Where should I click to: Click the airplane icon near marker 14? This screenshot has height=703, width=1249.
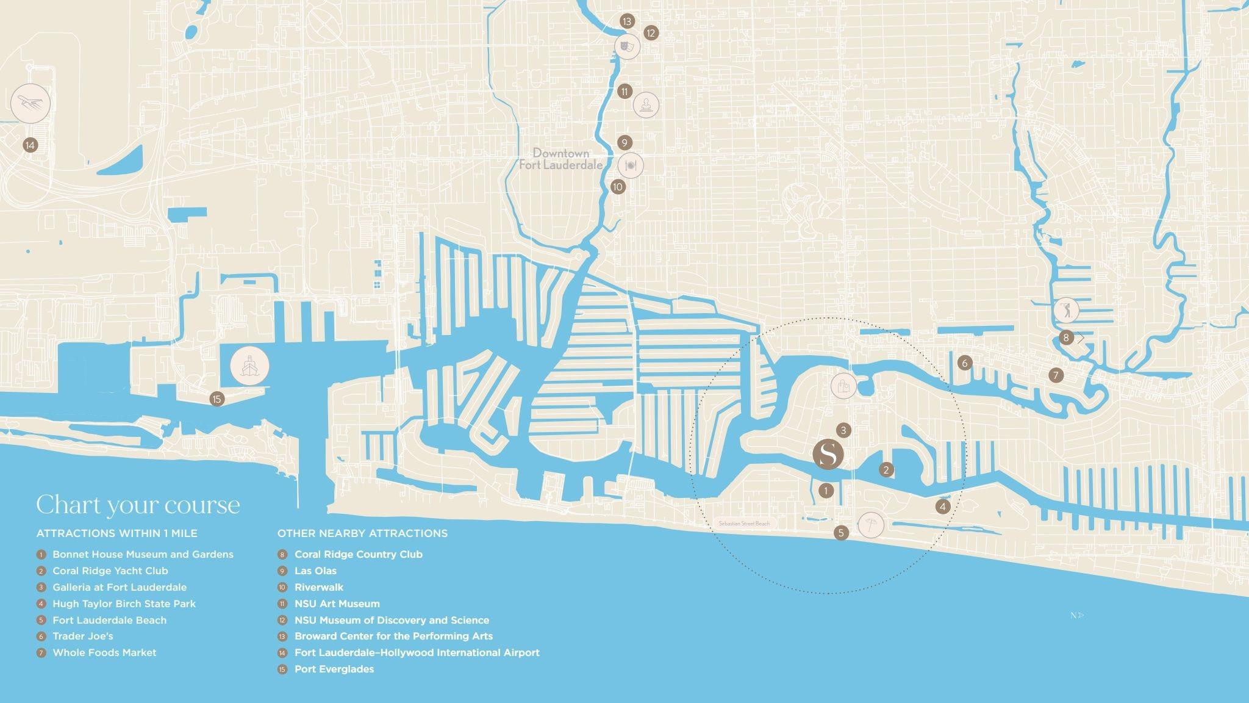[30, 103]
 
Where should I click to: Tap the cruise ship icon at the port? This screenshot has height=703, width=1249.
[249, 366]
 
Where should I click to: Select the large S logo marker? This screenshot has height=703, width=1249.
[828, 454]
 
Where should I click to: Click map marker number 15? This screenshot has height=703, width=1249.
[217, 399]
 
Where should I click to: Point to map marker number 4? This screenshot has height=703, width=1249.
[943, 507]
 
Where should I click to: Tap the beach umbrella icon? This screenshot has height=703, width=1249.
[870, 525]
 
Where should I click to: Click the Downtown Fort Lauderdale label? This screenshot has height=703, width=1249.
[560, 159]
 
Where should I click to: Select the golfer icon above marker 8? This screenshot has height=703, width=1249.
[1065, 310]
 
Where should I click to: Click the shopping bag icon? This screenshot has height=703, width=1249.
[843, 386]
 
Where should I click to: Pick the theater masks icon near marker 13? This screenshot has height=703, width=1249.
[627, 46]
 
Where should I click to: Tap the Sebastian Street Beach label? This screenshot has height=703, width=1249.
[744, 524]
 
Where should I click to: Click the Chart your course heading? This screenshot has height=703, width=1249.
[138, 505]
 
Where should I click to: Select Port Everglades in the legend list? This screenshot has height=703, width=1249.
[334, 669]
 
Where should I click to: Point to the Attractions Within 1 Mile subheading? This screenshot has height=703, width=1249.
[116, 533]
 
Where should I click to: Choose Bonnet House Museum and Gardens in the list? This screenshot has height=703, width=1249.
[143, 554]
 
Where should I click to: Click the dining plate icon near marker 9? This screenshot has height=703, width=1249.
[631, 165]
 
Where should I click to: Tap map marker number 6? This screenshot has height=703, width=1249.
[964, 363]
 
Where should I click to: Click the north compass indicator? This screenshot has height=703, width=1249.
[1077, 615]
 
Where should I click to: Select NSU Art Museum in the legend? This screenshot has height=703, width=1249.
[337, 604]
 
